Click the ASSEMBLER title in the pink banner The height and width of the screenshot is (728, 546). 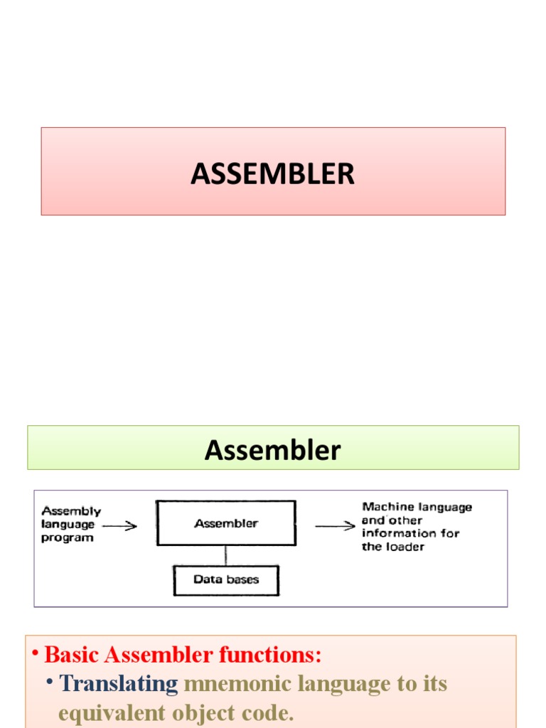tap(272, 173)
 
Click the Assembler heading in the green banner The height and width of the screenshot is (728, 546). tap(272, 450)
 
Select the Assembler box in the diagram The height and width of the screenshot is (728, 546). tap(226, 523)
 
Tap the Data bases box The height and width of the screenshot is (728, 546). tap(226, 580)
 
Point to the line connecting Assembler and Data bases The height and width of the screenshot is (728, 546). tap(226, 555)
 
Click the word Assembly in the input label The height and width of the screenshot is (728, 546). tap(71, 511)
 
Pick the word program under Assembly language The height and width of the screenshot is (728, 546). tap(68, 538)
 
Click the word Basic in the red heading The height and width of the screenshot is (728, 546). tap(70, 654)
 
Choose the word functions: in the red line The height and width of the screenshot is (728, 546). tap(278, 654)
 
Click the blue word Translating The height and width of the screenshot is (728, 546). tap(119, 684)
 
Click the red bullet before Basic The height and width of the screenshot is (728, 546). tap(34, 654)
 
